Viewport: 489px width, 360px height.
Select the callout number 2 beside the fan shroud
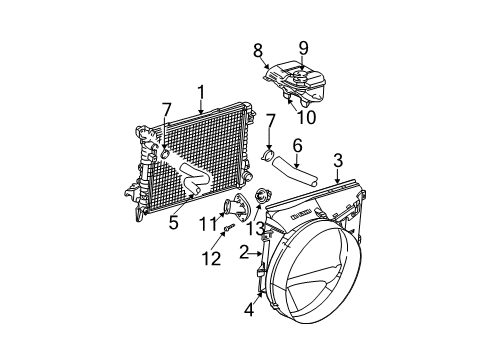coord(243,253)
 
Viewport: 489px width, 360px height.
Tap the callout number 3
coord(338,159)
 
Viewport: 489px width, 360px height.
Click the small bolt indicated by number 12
coord(230,230)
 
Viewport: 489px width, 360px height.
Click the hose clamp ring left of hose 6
coord(267,156)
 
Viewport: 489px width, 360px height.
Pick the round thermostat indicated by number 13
coord(263,196)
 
